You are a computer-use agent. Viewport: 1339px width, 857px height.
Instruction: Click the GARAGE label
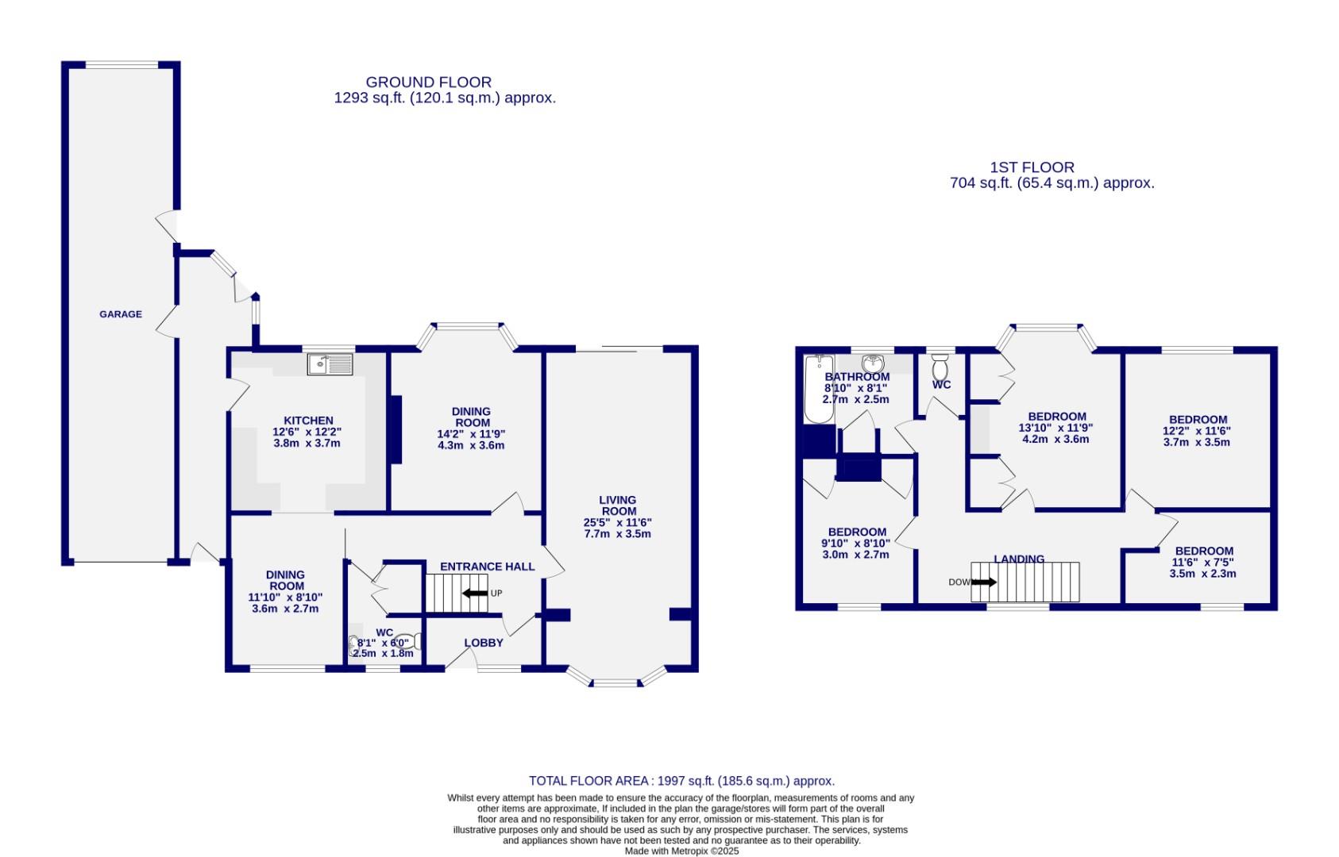click(x=121, y=314)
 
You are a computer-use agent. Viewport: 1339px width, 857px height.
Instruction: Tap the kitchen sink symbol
click(x=330, y=364)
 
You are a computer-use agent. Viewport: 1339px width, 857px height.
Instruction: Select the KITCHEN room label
click(x=308, y=421)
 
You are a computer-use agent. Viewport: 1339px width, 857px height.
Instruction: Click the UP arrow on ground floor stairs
click(x=477, y=593)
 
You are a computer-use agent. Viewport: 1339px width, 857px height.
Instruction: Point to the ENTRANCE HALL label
click(x=487, y=567)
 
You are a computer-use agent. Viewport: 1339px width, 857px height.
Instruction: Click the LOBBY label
click(x=484, y=643)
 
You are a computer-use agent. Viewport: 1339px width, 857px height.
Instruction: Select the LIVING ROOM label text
click(x=617, y=505)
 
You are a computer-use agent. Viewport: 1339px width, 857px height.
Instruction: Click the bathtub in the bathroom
click(x=816, y=389)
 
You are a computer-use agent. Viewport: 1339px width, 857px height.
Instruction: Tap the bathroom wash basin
click(x=874, y=363)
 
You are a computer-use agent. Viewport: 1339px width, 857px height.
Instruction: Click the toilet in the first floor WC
click(x=940, y=368)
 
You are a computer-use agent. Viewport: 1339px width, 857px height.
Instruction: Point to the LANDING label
click(x=1019, y=559)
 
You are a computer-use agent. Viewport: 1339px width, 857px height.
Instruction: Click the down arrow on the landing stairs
click(x=983, y=582)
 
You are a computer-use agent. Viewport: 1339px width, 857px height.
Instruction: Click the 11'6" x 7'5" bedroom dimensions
click(x=1204, y=563)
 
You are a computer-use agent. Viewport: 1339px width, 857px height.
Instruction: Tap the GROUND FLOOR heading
click(x=428, y=82)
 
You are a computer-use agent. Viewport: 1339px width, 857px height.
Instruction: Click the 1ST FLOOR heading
click(x=1032, y=167)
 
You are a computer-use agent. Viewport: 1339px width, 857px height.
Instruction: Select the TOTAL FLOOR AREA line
click(x=681, y=781)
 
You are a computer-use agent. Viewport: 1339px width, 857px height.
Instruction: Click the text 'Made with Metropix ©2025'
click(x=681, y=851)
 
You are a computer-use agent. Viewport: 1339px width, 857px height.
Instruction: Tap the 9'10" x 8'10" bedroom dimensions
click(x=856, y=544)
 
